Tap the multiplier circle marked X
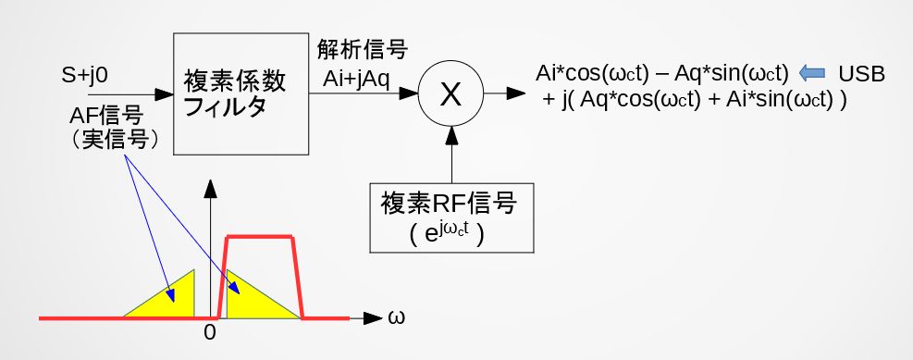pos(450,94)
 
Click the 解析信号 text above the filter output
pos(361,50)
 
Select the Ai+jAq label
pos(357,81)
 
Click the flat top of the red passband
pos(260,237)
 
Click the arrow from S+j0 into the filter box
pos(130,94)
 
